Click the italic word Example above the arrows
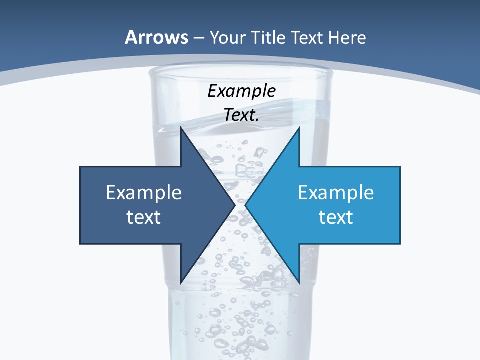[x=241, y=91]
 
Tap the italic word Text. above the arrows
[x=241, y=115]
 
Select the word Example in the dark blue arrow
[x=143, y=192]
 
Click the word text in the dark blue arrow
[x=143, y=217]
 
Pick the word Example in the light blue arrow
[x=336, y=192]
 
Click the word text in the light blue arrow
[x=336, y=217]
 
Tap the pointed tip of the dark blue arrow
[x=235, y=205]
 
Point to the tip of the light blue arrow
[x=245, y=205]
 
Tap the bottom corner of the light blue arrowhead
[x=299, y=283]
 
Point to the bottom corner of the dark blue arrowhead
[x=181, y=283]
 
